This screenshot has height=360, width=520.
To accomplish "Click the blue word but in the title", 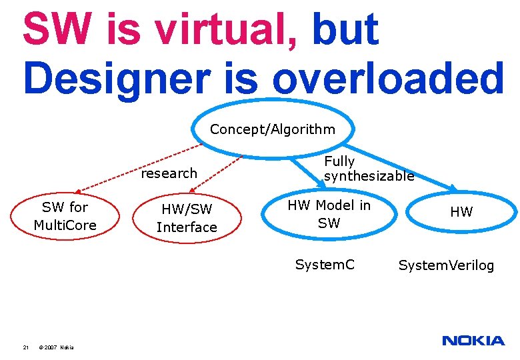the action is (345, 30).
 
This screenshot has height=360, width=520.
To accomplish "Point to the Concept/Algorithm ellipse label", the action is (273, 129).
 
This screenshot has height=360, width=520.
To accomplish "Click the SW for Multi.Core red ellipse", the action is (65, 216).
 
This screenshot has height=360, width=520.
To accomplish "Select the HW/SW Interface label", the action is (187, 218).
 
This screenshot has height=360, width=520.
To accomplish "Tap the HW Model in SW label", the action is (329, 214).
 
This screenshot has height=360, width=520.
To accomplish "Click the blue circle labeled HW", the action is (461, 212).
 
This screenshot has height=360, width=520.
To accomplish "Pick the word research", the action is (169, 173).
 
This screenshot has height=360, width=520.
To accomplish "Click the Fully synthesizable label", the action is (369, 169).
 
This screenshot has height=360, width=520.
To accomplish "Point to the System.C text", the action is (325, 265).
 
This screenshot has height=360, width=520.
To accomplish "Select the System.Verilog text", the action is (447, 265).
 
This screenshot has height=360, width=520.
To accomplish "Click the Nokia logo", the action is (473, 341).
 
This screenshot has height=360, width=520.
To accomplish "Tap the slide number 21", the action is (25, 347).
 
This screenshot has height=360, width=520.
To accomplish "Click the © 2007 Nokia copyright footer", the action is (57, 347).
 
